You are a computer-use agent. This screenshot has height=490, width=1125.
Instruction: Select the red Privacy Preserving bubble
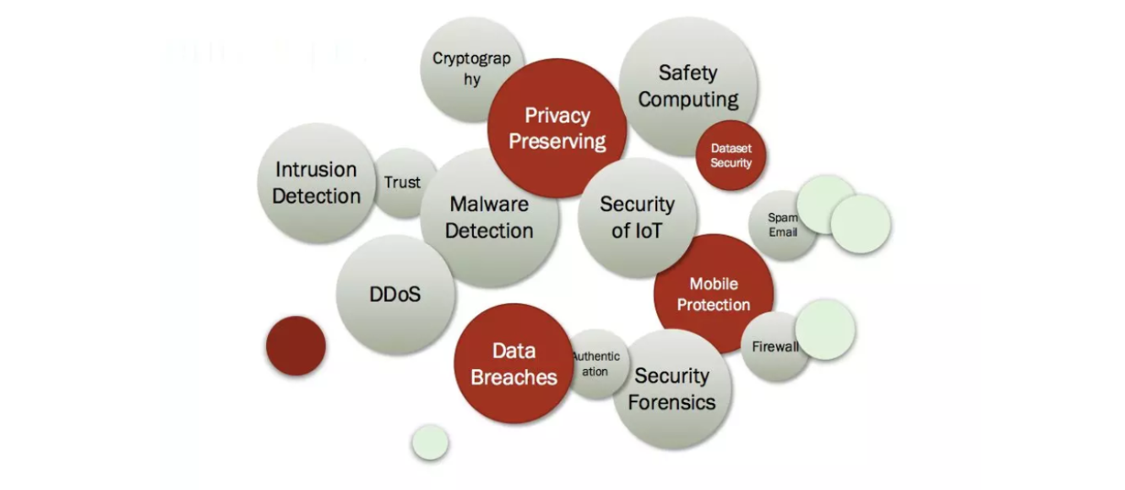557,128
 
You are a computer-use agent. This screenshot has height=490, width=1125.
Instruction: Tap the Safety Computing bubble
688,85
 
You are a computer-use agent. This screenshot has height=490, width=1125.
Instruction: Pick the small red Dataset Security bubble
731,155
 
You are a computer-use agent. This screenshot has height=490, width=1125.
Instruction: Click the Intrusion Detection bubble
316,182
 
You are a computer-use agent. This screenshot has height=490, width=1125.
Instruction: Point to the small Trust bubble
402,182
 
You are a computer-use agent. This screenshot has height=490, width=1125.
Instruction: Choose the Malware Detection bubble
490,217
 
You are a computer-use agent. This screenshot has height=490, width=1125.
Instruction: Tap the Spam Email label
782,225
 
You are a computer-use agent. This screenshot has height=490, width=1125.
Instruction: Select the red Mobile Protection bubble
715,294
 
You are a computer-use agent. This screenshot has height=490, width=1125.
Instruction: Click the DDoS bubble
395,295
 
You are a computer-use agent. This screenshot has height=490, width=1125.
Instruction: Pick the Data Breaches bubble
514,363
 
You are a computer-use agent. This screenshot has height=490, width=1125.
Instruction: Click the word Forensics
671,402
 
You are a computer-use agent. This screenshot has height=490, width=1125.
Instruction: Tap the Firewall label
774,346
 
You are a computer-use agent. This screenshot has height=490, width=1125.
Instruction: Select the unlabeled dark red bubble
296,346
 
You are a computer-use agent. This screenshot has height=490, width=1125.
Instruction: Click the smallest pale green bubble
430,442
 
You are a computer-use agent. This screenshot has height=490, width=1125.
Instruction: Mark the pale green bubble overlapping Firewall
825,329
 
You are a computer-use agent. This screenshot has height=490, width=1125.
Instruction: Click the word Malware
489,204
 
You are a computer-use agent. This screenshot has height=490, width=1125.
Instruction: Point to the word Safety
687,73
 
